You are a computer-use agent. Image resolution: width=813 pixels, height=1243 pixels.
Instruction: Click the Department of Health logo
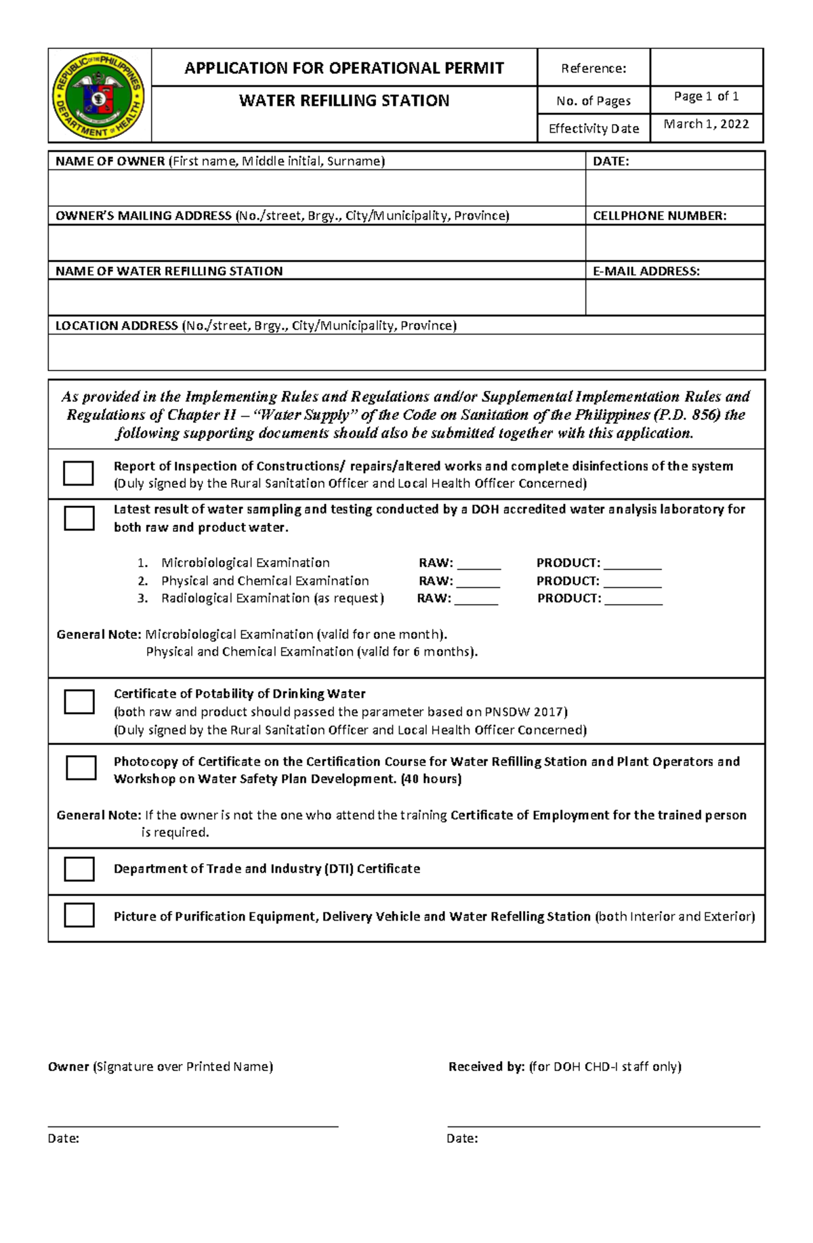point(99,96)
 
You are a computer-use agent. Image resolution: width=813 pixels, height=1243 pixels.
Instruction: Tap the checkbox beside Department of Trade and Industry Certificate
point(79,869)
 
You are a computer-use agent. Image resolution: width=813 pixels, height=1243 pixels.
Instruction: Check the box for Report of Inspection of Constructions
point(78,473)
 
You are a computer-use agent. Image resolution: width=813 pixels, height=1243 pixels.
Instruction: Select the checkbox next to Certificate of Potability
point(79,702)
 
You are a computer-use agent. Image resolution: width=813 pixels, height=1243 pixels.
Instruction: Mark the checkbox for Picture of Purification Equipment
point(79,915)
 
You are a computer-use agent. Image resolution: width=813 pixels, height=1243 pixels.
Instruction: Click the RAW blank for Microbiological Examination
point(479,564)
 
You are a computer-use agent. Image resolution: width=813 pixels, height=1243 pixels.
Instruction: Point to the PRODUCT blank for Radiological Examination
point(633,599)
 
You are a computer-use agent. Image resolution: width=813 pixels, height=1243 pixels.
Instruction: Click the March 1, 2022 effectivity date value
point(706,124)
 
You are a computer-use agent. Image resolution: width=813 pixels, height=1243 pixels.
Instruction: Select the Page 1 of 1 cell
point(706,97)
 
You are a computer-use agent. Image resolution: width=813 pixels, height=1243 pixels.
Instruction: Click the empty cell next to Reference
point(706,68)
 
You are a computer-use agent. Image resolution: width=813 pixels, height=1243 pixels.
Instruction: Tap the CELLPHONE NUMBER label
point(659,216)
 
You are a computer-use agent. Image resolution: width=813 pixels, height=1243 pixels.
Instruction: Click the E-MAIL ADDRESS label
point(646,271)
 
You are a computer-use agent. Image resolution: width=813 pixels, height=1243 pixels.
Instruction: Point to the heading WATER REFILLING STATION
point(344,101)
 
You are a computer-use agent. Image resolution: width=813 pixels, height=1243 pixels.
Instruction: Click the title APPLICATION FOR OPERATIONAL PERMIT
point(344,68)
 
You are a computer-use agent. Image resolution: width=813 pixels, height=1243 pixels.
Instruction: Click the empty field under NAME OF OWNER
point(316,188)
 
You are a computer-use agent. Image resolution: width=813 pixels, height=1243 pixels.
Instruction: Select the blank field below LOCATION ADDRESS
point(406,352)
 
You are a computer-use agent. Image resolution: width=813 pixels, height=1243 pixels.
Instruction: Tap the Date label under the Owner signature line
point(64,1139)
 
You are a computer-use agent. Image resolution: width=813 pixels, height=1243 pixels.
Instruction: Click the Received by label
point(486,1067)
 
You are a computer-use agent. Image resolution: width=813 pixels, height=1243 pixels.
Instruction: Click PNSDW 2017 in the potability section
point(525,712)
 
